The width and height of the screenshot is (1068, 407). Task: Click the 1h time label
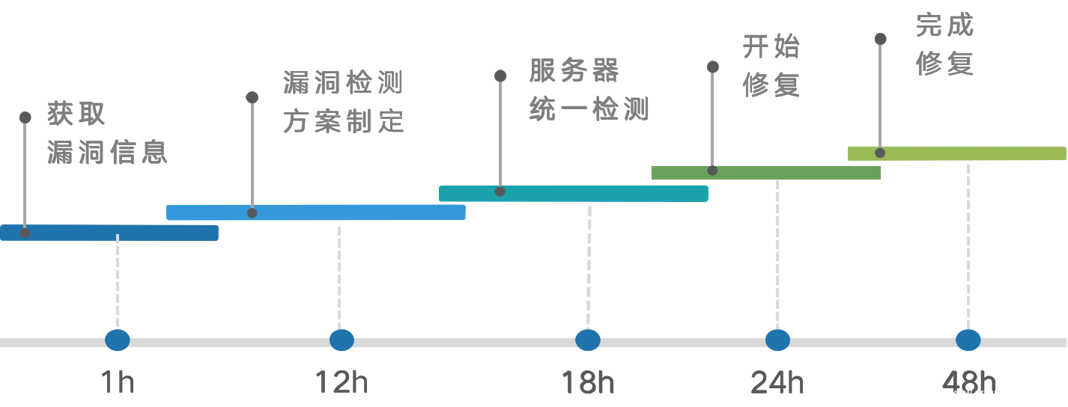118,383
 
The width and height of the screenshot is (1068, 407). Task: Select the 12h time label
342,383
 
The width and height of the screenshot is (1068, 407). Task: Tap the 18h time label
588,383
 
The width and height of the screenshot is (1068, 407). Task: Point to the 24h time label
777,383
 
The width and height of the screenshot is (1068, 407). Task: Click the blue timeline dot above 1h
118,340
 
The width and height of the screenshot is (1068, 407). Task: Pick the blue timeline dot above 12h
342,340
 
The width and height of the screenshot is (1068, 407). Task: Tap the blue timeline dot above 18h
588,340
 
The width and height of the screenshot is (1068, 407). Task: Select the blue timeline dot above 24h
777,340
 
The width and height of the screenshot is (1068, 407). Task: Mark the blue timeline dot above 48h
968,340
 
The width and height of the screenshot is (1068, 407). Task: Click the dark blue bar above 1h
109,233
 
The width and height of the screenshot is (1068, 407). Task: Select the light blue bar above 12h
315,212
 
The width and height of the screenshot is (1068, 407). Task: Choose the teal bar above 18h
573,193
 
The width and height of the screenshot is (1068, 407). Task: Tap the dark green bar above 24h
765,173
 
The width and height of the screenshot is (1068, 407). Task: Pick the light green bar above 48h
956,153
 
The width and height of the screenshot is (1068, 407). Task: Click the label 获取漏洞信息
106,133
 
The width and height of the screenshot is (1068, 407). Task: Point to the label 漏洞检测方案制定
344,102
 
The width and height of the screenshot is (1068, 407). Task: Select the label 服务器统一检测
589,90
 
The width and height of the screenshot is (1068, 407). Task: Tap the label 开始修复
771,66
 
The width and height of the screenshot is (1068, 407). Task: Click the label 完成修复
944,44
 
